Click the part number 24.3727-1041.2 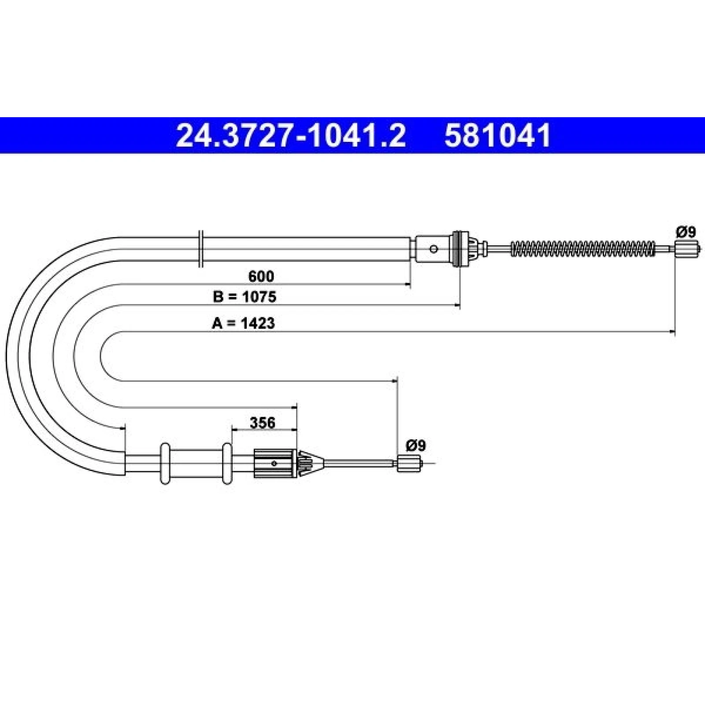[x=291, y=135]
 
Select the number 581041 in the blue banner [x=498, y=135]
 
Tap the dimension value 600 [x=261, y=276]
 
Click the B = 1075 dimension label [x=245, y=297]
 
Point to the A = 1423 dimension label [x=243, y=323]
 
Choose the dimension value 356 [x=263, y=423]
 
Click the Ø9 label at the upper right [x=686, y=232]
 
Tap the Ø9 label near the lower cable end [x=416, y=446]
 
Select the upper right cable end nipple [x=686, y=249]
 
